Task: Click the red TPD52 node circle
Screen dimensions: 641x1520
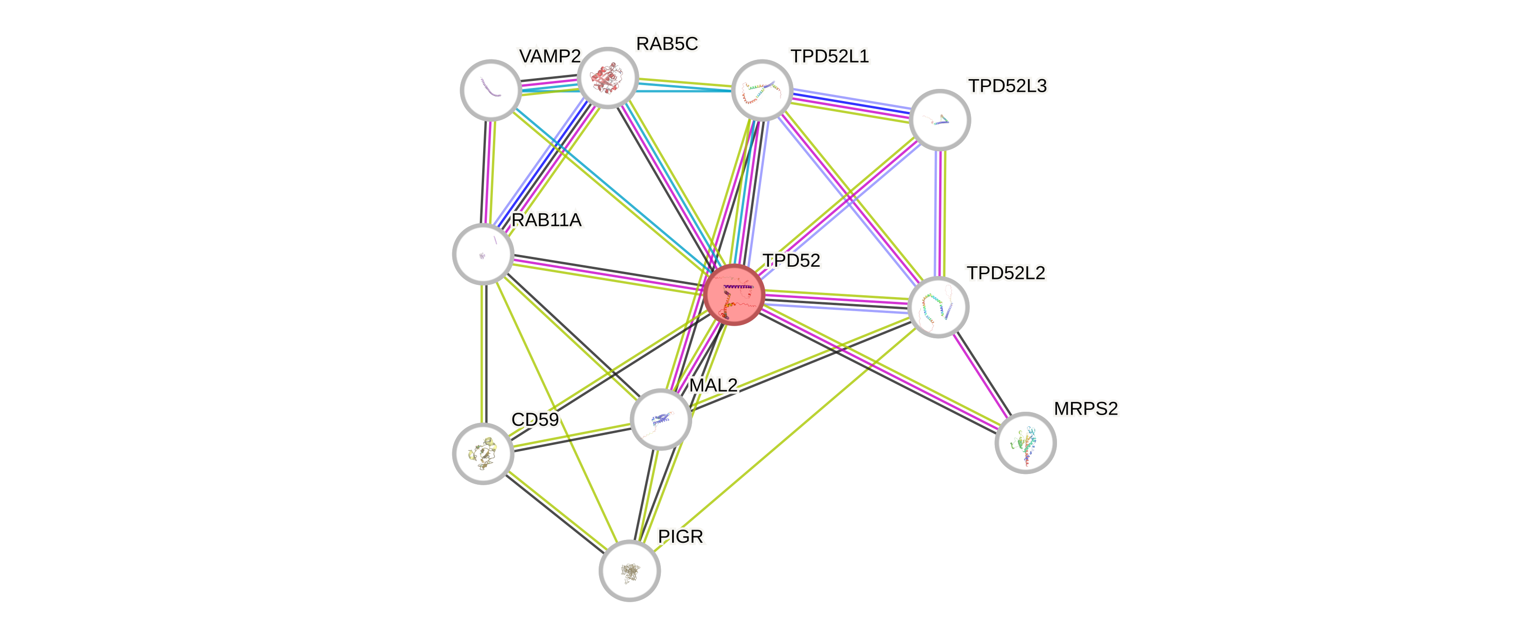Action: [734, 294]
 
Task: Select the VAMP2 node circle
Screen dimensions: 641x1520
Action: [490, 90]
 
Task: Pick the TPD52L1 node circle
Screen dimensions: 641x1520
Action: [762, 90]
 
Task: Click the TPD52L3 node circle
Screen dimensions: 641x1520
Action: [940, 120]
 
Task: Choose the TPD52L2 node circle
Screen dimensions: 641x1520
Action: [938, 307]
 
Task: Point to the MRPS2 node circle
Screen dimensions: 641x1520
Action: [1025, 443]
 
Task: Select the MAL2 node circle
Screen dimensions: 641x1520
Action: [660, 419]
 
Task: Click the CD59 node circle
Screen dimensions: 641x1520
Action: [483, 453]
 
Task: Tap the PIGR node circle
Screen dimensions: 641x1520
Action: [630, 570]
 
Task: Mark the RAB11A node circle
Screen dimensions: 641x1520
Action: [483, 254]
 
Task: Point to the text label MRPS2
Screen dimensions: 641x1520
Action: [1086, 408]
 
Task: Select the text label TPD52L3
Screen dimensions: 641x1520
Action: [1007, 86]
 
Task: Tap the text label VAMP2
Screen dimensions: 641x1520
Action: [550, 56]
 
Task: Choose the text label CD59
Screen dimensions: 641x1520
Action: [535, 420]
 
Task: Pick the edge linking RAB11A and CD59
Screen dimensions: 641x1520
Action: [483, 354]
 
